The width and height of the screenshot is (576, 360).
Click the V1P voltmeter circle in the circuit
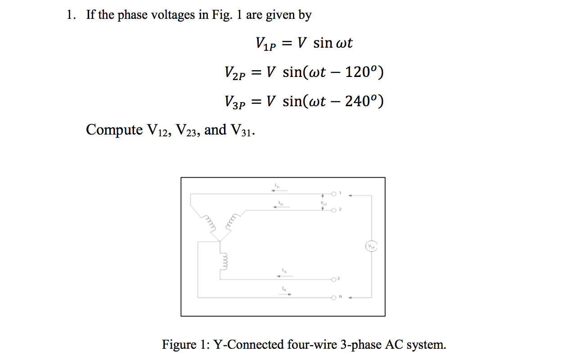click(371, 247)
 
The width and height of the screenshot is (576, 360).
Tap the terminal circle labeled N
click(333, 297)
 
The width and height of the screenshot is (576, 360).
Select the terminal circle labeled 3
click(333, 279)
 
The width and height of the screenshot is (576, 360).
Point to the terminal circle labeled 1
click(333, 194)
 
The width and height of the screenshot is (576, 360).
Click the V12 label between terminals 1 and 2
click(323, 202)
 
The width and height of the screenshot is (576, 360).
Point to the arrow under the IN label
click(284, 294)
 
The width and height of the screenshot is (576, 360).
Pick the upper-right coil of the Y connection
click(232, 221)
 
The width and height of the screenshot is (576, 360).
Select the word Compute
click(114, 130)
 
